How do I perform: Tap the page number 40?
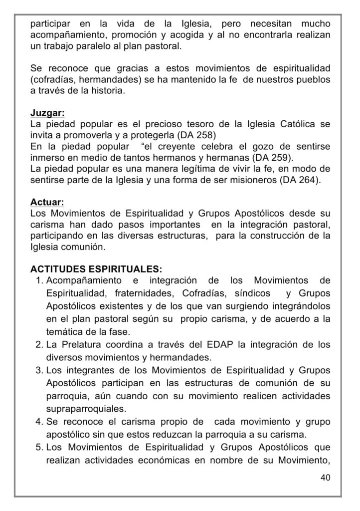tap(325, 478)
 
